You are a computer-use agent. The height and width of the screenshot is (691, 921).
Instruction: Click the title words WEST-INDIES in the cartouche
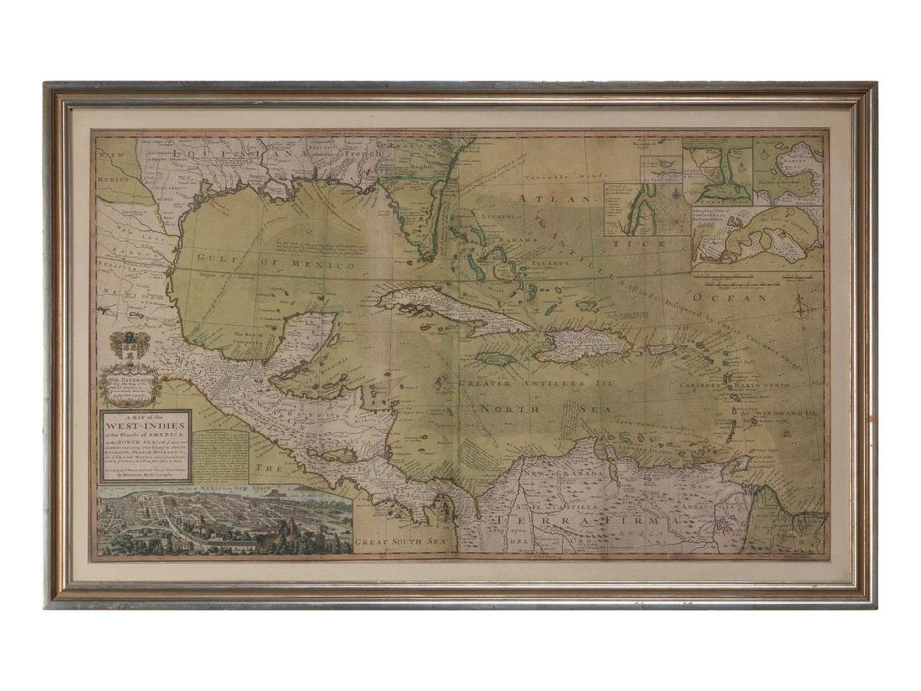point(145,426)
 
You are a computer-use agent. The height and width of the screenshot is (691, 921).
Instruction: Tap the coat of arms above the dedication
point(130,345)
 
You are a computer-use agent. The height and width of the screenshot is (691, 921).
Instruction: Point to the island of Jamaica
point(496,358)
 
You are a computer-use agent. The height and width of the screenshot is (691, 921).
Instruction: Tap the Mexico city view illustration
point(224,524)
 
